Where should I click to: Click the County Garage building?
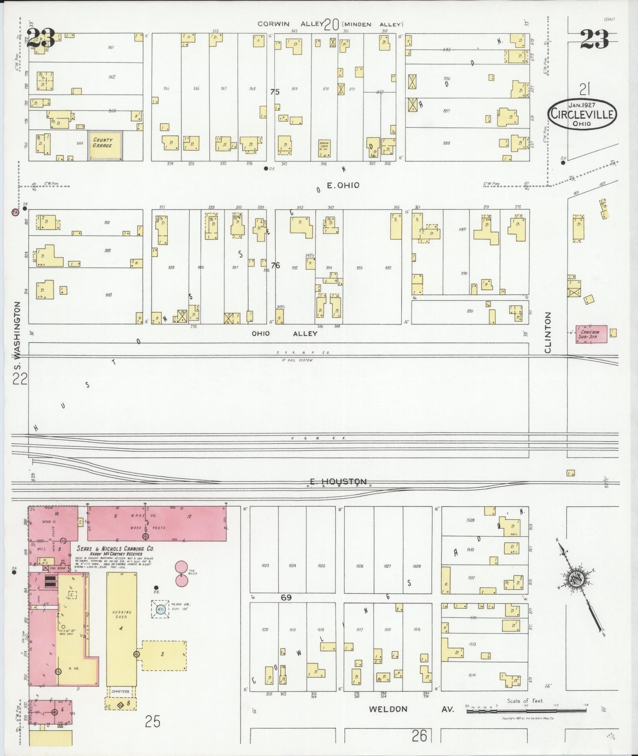[x=105, y=146]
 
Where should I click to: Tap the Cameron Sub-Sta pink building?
[x=591, y=334]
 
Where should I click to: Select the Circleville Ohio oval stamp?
[x=582, y=114]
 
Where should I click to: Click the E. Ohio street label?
[x=343, y=185]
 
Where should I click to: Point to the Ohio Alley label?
[x=284, y=333]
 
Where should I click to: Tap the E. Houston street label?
[x=338, y=481]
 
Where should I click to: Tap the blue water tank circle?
[x=160, y=620]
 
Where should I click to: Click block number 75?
[x=275, y=92]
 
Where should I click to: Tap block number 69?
[x=286, y=597]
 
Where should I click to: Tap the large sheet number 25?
[x=152, y=721]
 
